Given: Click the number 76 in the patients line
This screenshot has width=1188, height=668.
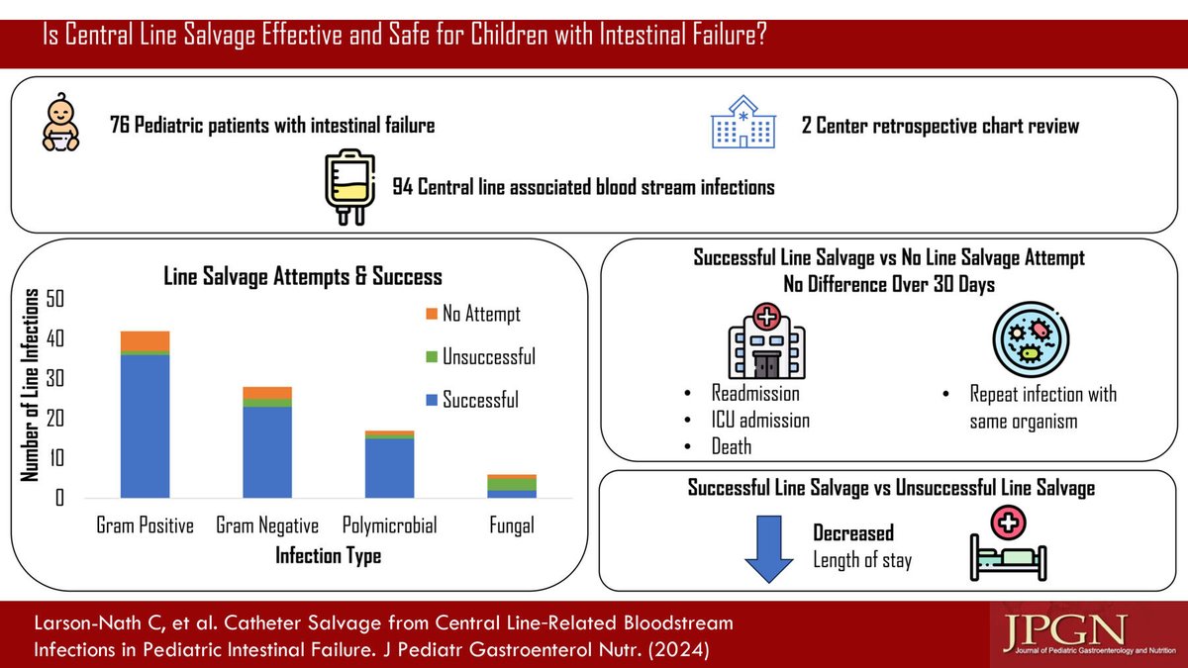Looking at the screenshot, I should point(124,126).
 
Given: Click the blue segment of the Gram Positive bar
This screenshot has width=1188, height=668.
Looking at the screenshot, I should point(145,426).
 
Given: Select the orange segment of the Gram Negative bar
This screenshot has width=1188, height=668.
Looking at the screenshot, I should point(267,393).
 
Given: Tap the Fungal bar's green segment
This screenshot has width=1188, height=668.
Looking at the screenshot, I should point(512,484).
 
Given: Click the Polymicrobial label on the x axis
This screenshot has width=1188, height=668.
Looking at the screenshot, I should point(389,525).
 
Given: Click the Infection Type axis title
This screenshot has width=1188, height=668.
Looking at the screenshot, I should point(328,556).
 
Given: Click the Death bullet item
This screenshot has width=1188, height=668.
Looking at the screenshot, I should point(731,446).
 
